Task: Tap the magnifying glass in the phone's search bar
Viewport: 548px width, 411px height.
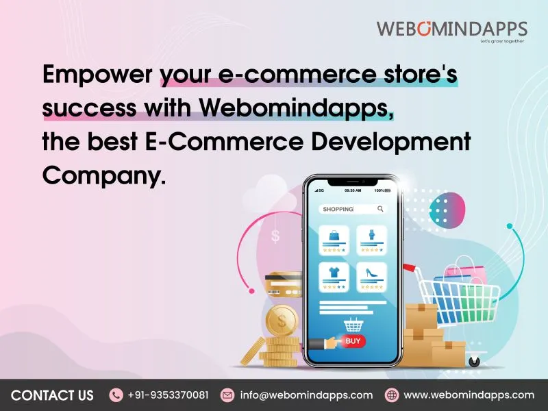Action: pyautogui.click(x=380, y=209)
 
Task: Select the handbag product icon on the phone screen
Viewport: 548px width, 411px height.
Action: pyautogui.click(x=334, y=235)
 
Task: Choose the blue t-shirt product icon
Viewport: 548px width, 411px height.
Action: pyautogui.click(x=334, y=272)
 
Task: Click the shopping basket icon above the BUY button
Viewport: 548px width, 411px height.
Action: pyautogui.click(x=353, y=323)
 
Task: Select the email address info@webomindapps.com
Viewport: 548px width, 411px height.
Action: pyautogui.click(x=306, y=395)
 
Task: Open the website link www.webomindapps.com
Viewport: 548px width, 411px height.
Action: pyautogui.click(x=469, y=395)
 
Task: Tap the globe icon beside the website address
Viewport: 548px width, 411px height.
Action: pyautogui.click(x=392, y=395)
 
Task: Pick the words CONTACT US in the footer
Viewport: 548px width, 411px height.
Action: pyautogui.click(x=53, y=395)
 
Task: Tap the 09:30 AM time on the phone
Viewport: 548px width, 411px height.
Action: pyautogui.click(x=353, y=190)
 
